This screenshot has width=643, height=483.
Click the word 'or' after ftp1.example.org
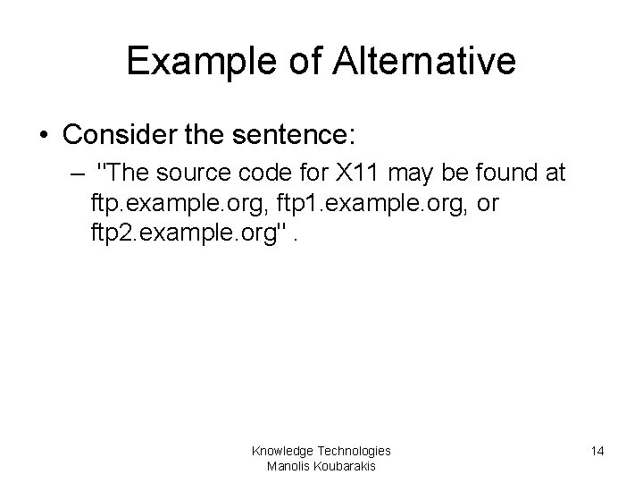[x=488, y=204]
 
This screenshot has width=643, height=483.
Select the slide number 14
[x=597, y=452]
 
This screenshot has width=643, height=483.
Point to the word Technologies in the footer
[x=355, y=451]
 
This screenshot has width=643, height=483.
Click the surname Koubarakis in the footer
[x=345, y=466]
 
